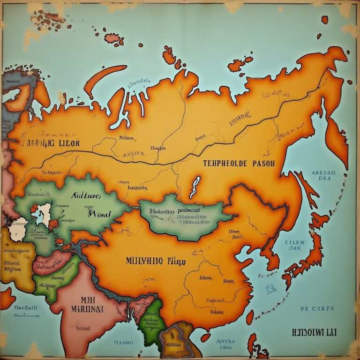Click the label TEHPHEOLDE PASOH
(x=239, y=164)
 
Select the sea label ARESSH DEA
(x=323, y=175)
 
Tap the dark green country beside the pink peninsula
(x=151, y=319)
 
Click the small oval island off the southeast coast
(x=205, y=337)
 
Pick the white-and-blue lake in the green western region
(x=45, y=213)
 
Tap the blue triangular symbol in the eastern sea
(x=270, y=288)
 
